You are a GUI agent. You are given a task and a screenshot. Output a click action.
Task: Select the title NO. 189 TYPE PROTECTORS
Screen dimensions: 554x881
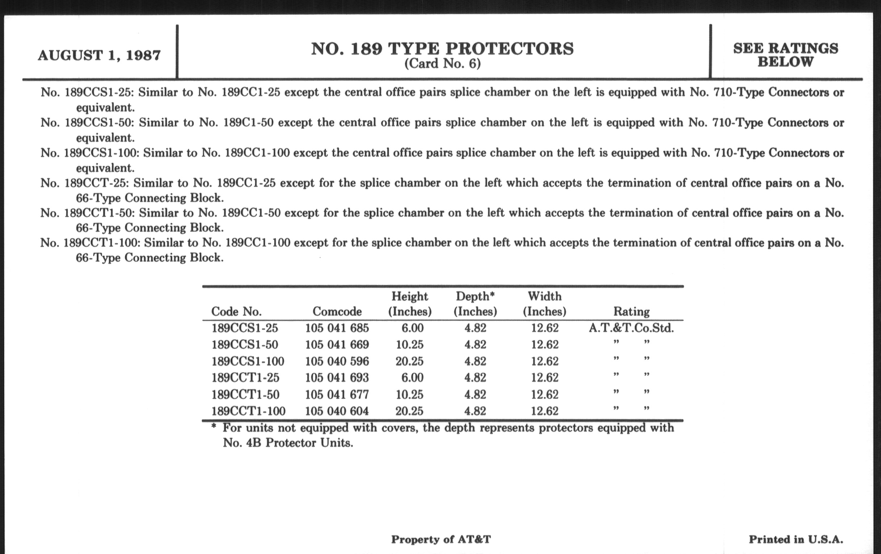click(x=442, y=49)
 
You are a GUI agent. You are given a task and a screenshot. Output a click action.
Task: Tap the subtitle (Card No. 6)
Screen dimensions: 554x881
click(x=442, y=64)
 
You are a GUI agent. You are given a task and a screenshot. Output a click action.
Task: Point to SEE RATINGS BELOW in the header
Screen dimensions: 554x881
click(x=785, y=55)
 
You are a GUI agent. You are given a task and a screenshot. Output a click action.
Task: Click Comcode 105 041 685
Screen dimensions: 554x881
click(x=337, y=328)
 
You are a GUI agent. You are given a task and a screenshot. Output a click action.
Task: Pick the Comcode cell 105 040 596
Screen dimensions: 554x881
click(x=337, y=361)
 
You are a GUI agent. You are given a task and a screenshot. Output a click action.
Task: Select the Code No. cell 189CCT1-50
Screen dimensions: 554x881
click(x=245, y=395)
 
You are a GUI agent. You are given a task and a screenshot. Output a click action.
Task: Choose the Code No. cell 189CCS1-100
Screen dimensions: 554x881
click(x=248, y=361)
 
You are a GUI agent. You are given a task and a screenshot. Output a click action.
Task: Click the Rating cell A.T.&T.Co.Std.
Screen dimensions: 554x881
click(x=631, y=328)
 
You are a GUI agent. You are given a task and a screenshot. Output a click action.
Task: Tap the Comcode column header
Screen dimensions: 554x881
click(x=337, y=311)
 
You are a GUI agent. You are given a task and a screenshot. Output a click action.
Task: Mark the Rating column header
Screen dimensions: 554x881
click(x=631, y=311)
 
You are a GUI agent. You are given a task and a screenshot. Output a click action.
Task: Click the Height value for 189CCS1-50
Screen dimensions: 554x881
click(x=409, y=344)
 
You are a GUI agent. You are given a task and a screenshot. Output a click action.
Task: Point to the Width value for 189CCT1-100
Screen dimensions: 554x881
click(x=545, y=411)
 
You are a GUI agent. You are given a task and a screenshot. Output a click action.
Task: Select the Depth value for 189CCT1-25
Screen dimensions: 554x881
click(x=475, y=377)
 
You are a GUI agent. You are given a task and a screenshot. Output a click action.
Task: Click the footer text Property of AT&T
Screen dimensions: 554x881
click(x=441, y=540)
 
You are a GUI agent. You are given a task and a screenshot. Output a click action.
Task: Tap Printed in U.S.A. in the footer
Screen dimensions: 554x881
click(x=796, y=540)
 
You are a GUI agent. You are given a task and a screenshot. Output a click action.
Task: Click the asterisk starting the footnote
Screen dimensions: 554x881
click(x=214, y=427)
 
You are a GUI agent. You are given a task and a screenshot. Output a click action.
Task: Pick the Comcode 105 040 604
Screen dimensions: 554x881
click(x=337, y=411)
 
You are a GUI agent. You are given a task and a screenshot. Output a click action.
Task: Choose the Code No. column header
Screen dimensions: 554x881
click(x=236, y=311)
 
